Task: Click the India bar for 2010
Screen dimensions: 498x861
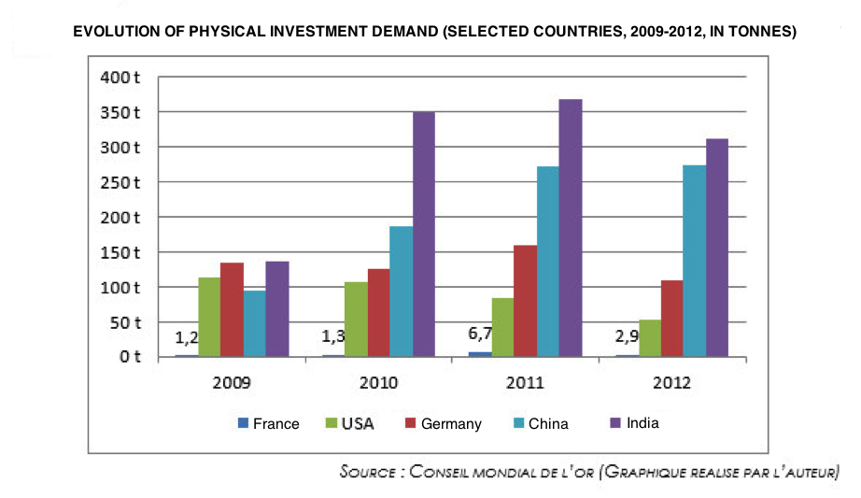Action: [424, 234]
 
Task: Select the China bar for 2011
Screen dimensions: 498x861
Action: [547, 262]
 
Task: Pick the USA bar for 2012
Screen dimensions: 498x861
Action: [649, 337]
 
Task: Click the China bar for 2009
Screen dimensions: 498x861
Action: [255, 323]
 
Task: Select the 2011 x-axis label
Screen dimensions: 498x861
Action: [525, 382]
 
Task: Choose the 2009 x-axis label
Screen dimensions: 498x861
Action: [232, 382]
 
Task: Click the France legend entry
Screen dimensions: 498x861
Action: [269, 423]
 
